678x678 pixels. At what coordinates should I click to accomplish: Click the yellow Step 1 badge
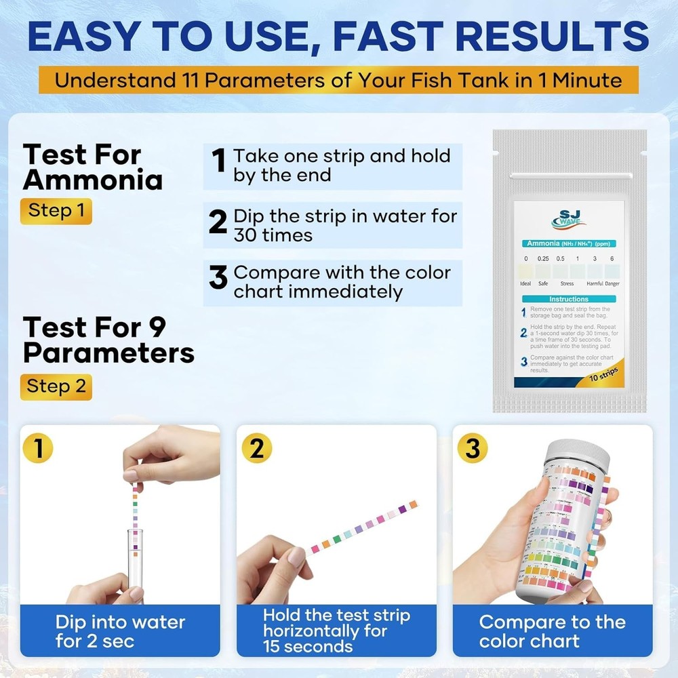point(56,210)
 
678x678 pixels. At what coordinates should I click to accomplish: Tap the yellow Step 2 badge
point(56,386)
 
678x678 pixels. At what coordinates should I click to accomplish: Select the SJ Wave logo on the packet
point(569,219)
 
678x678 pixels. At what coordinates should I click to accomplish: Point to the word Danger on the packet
point(612,284)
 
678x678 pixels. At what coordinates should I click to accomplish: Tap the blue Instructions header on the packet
point(568,299)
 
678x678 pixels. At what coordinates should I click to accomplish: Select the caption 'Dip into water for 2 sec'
point(120,631)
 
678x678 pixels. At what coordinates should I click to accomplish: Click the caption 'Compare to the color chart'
point(553,631)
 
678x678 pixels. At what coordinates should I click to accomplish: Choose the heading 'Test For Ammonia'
point(92,167)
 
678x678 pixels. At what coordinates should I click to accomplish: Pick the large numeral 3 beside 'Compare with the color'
point(218,278)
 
